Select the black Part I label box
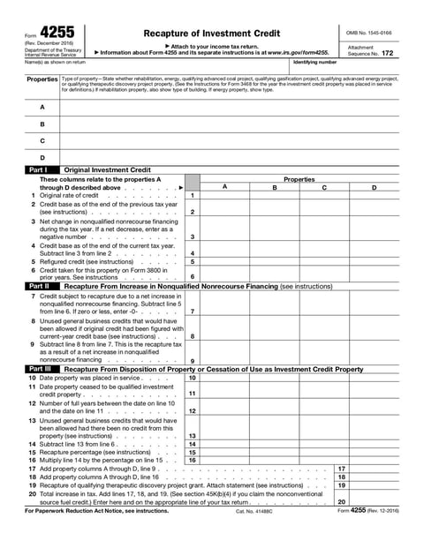tap(38, 169)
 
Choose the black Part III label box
tap(40, 369)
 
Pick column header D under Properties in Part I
tap(374, 187)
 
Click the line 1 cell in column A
tap(224, 195)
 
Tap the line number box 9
tap(192, 360)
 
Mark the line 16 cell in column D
tap(374, 461)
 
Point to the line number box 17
tap(341, 469)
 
